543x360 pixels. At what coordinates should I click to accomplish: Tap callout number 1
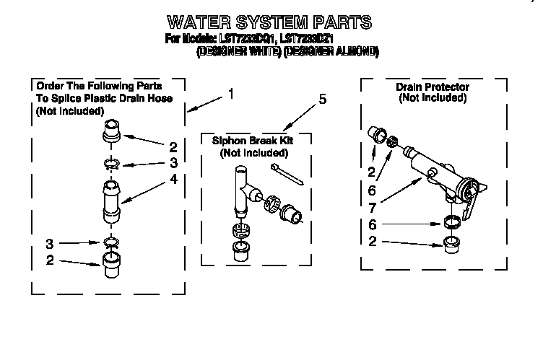(230, 93)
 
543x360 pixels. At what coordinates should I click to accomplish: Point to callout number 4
(173, 180)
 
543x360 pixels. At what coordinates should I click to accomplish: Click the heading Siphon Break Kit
(253, 141)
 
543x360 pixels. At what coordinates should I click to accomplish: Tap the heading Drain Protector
(432, 87)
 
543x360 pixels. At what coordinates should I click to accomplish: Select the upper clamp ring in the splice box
(110, 164)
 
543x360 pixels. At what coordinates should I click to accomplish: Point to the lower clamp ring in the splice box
(110, 241)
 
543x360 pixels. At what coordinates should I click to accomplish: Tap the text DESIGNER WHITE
(239, 52)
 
